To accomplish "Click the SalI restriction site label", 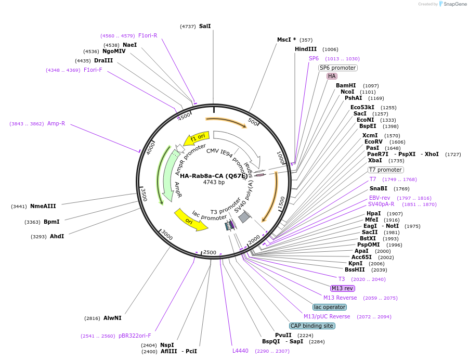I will [205, 26].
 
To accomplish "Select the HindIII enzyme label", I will [306, 49].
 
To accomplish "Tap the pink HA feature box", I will [332, 76].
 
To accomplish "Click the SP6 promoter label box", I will [337, 68].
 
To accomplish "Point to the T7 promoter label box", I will [385, 170].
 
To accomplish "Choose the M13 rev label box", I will [342, 288].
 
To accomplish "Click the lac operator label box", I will [330, 307].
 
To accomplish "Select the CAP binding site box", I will [312, 326].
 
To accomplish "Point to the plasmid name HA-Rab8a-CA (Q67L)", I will [214, 176].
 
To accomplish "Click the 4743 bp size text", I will [214, 183].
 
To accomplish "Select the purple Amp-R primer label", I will [56, 123].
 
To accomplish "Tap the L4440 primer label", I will [241, 351].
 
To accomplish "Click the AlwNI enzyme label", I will [112, 318].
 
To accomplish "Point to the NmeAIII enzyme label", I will [43, 206].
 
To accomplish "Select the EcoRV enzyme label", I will [373, 142].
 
